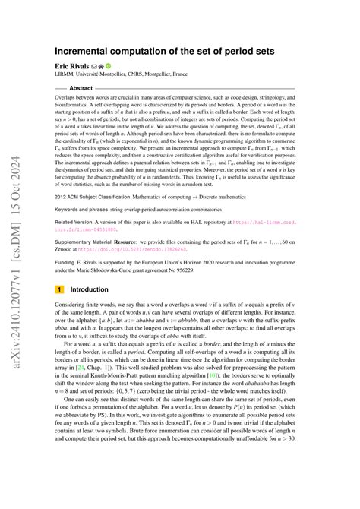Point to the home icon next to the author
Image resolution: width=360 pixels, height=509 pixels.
click(x=107, y=67)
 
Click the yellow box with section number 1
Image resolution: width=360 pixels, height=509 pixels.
click(x=59, y=289)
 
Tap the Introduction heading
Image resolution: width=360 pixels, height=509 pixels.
click(x=89, y=289)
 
